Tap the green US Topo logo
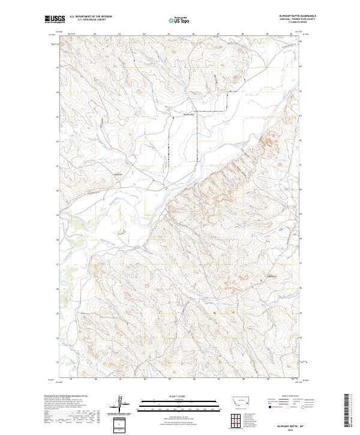181,20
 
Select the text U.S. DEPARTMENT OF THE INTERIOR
91,17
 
